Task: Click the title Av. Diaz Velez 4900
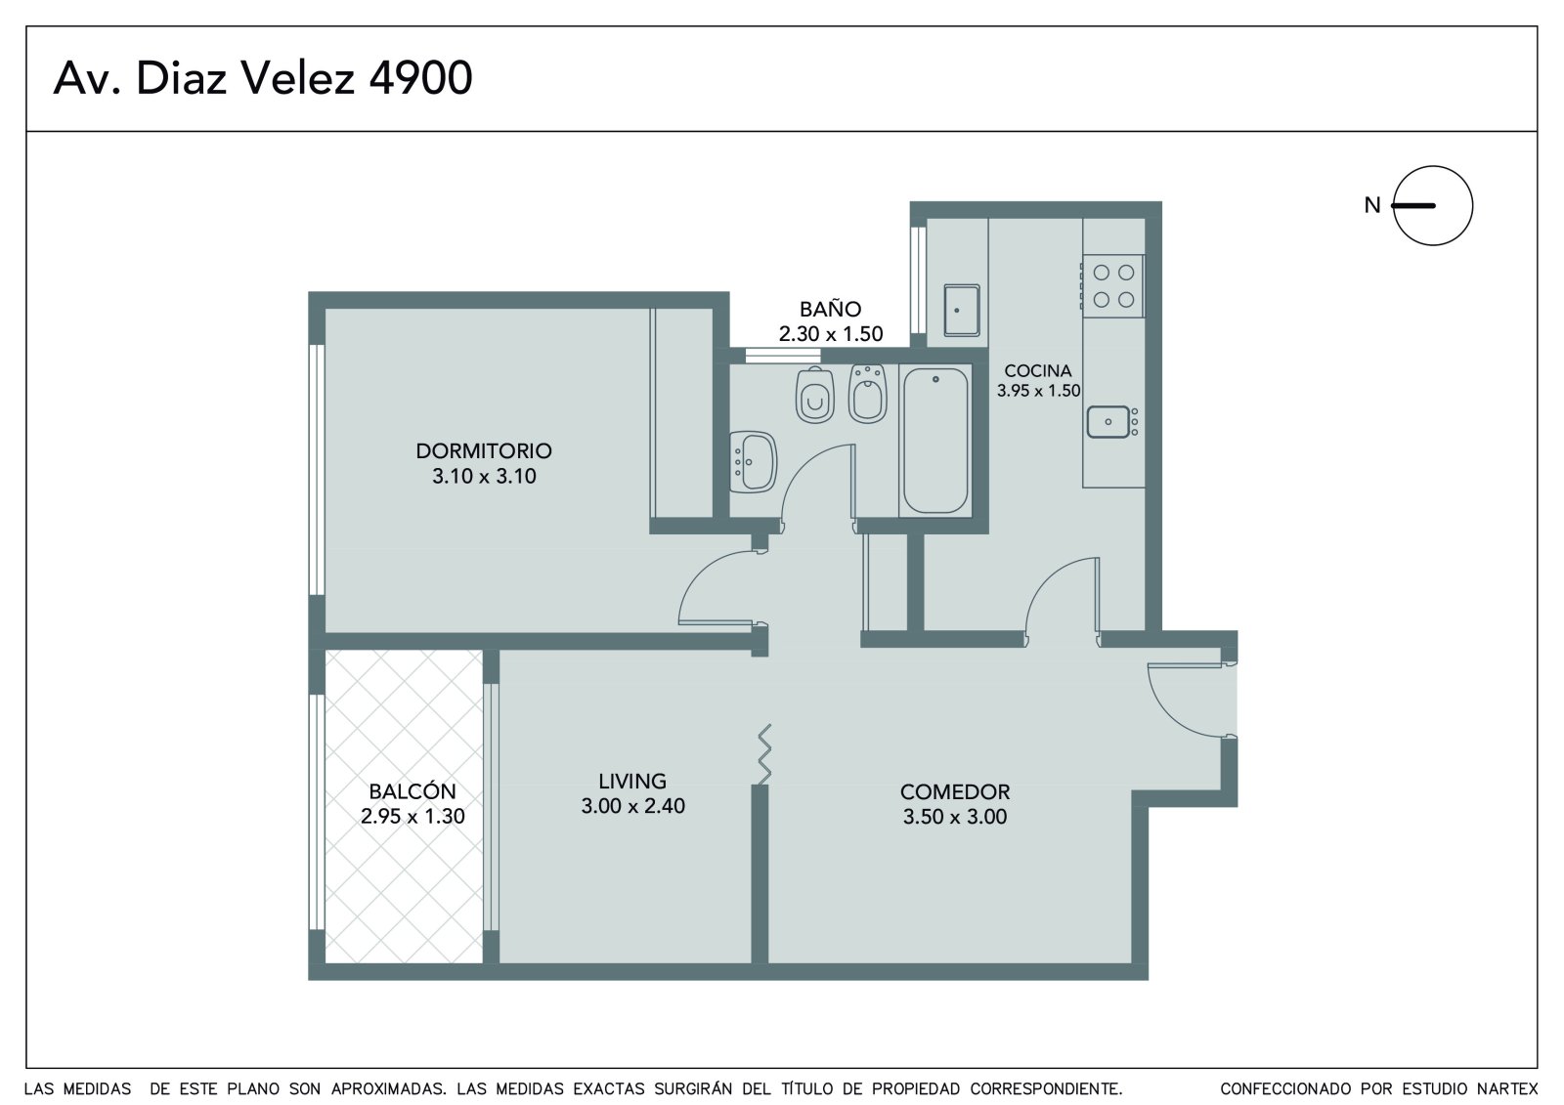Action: [x=263, y=77]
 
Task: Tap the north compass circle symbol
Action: [x=1432, y=205]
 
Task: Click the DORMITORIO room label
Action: [x=484, y=451]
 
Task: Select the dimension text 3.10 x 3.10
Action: [x=484, y=476]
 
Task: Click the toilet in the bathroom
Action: [x=815, y=395]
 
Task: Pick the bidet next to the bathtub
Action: [x=868, y=394]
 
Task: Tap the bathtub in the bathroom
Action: [x=935, y=441]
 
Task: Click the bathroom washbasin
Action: [x=753, y=462]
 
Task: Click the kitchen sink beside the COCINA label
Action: [x=1111, y=422]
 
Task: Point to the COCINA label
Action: [x=1037, y=370]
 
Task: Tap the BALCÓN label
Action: [x=412, y=791]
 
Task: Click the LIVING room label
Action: [x=632, y=781]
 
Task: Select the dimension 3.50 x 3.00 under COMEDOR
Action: [x=954, y=817]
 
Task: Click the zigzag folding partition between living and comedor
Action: [x=764, y=754]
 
